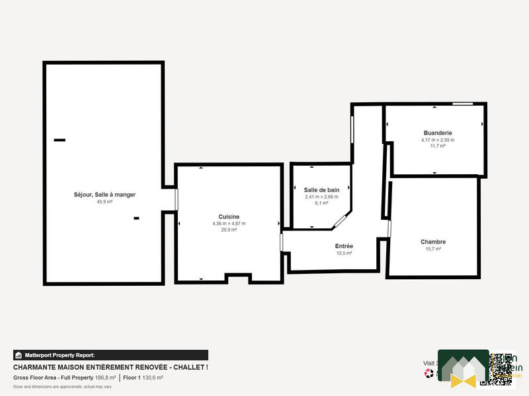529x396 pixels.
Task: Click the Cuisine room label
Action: pos(229,216)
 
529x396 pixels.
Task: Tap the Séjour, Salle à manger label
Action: pos(104,195)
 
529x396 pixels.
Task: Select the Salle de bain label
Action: pos(321,190)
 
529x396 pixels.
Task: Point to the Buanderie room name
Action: pos(437,133)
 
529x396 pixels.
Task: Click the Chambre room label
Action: pos(433,242)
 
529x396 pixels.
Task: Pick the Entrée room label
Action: pos(344,246)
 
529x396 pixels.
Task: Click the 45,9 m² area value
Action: pos(104,202)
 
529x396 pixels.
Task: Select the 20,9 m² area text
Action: pos(229,230)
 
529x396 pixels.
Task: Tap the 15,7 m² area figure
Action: pos(433,249)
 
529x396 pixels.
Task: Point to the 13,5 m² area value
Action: pos(344,253)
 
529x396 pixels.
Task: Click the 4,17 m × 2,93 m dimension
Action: pos(437,140)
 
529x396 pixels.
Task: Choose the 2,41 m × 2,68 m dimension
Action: pos(321,197)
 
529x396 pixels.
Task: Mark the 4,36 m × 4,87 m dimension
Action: pos(229,223)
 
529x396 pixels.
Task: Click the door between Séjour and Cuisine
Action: pos(177,199)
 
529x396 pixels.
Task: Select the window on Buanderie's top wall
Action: pos(462,104)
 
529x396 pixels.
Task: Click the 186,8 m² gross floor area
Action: pos(106,378)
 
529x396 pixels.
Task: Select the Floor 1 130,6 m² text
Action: pos(143,378)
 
